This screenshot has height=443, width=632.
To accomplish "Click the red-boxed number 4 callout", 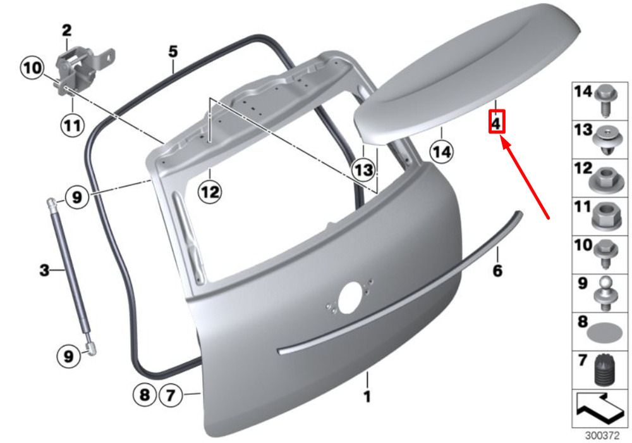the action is [496, 122].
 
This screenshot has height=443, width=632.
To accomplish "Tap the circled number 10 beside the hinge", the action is [32, 68].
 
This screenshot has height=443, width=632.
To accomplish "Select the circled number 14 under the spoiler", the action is [441, 152].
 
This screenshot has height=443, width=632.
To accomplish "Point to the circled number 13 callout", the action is [363, 170].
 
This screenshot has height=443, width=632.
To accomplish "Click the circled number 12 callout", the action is [210, 192].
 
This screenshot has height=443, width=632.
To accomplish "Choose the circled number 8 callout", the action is [144, 394].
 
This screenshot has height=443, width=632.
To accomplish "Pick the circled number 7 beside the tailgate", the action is [171, 394].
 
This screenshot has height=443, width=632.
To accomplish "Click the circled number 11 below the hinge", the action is [73, 125].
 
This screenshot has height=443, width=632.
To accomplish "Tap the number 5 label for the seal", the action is [173, 52].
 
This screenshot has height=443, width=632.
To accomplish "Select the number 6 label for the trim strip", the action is [497, 270].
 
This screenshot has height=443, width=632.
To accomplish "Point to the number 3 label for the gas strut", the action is [44, 270].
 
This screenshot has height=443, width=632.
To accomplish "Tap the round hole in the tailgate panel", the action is [350, 297].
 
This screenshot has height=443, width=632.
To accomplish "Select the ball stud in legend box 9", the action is [606, 293].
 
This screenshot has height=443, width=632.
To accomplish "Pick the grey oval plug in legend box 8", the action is [602, 334].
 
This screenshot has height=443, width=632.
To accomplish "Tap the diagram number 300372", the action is [602, 436].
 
